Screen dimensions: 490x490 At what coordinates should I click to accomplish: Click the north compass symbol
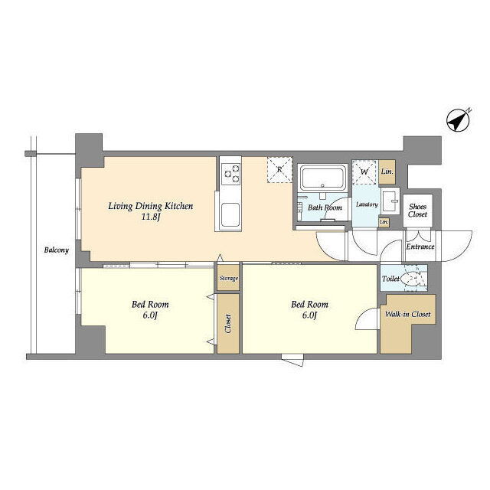(458, 119)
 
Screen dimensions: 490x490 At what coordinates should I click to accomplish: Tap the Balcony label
(56, 250)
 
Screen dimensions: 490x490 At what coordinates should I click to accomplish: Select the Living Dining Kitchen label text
(151, 206)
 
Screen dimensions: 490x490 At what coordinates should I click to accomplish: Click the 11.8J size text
(151, 217)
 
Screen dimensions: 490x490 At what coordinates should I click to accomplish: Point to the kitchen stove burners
(231, 174)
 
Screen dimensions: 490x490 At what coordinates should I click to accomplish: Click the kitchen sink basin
(230, 214)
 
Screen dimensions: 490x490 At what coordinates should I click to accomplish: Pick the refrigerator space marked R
(279, 170)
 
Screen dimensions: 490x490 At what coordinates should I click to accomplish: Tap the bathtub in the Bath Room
(323, 178)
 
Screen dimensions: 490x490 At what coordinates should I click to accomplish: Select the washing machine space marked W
(364, 172)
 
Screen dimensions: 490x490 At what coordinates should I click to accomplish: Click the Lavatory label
(367, 204)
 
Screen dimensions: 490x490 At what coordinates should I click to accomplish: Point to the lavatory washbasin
(390, 201)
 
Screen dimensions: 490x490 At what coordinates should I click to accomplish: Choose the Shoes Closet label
(417, 211)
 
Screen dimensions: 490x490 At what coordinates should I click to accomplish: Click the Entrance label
(420, 247)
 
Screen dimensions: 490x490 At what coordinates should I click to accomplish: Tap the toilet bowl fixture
(410, 278)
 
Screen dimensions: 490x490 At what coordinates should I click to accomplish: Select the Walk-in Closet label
(408, 314)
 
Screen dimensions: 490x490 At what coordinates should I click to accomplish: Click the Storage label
(228, 278)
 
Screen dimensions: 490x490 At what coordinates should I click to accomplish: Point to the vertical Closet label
(228, 323)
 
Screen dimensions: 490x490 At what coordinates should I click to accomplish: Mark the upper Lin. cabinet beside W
(387, 171)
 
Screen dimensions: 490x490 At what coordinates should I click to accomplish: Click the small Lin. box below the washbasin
(384, 221)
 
